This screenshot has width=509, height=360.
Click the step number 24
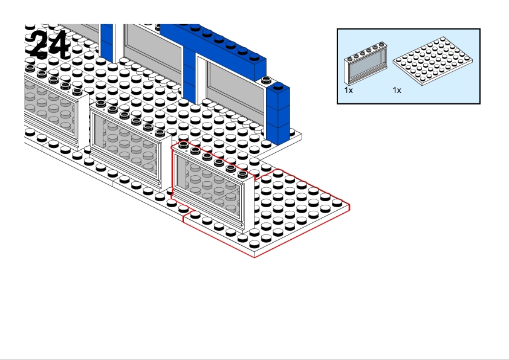(50, 45)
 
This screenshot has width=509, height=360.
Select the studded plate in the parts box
(433, 61)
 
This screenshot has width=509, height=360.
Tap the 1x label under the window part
(349, 90)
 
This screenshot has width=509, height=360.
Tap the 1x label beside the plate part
(397, 90)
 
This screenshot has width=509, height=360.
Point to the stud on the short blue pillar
(278, 86)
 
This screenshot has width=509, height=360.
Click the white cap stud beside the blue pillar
(266, 80)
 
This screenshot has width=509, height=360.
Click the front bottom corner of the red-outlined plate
(255, 257)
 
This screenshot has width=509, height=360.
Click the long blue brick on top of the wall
(214, 49)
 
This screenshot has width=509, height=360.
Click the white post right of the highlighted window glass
(248, 204)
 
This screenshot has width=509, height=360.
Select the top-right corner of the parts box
(480, 29)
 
